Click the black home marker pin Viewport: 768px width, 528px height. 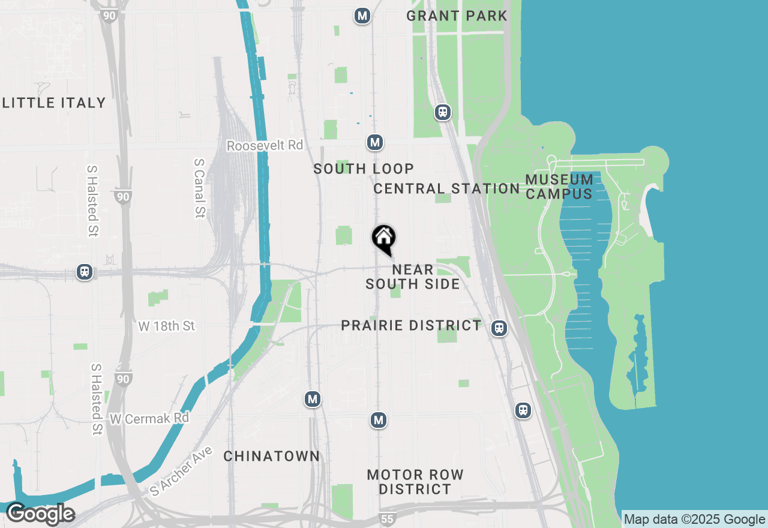coord(384,238)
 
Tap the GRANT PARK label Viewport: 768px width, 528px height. coord(457,16)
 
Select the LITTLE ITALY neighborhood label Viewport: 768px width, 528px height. coord(54,103)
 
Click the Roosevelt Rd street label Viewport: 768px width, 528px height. coord(265,146)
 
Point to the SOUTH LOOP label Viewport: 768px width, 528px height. coord(364,169)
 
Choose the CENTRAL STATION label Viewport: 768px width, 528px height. coord(446,188)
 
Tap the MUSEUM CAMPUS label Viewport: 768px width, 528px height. coord(559,187)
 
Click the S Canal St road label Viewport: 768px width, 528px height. coord(200,188)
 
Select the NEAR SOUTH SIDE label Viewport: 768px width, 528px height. coord(413,277)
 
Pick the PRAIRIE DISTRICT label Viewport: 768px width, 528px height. coord(411,325)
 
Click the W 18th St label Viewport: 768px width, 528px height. coord(167,326)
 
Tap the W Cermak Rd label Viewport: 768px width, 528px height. coord(149,418)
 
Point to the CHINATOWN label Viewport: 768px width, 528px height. coord(272,456)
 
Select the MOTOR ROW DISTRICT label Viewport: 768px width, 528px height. coord(415,482)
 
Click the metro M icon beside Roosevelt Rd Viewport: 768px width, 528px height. coord(375,143)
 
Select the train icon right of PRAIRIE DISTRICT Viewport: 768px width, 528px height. coord(499,328)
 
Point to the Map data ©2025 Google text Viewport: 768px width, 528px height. coord(694,520)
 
